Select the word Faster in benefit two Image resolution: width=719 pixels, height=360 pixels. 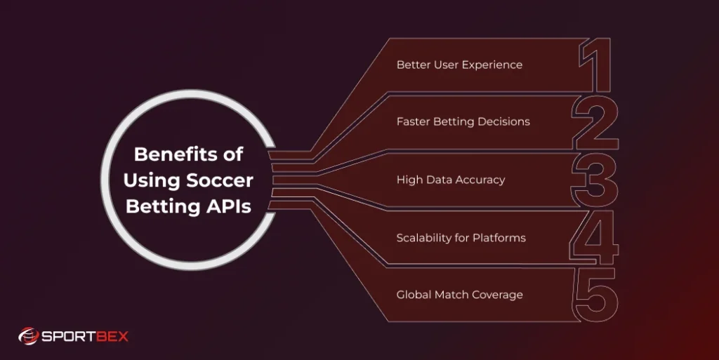414,121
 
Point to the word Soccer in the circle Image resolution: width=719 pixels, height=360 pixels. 219,180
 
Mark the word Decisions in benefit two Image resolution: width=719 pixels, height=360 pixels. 503,121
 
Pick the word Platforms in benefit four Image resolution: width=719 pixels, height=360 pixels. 498,237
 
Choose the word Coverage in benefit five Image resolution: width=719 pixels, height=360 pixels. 496,295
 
